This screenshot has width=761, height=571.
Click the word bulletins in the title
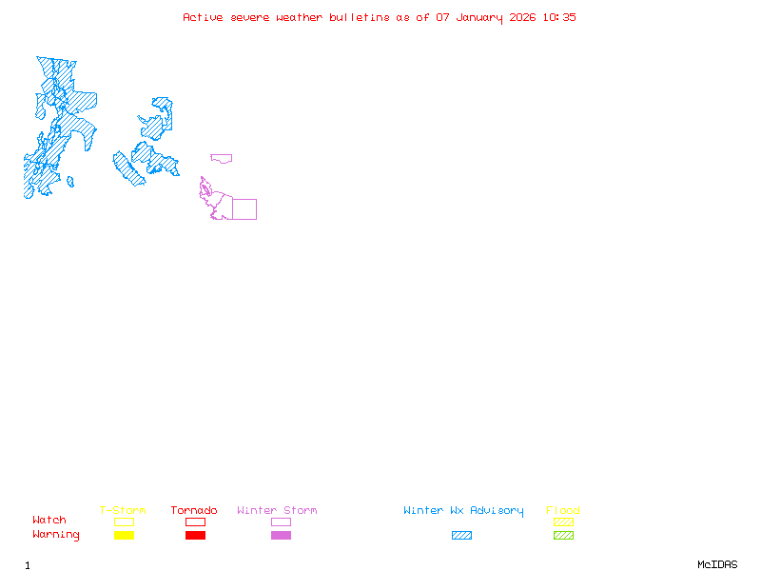(359, 17)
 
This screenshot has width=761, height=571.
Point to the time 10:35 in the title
(559, 17)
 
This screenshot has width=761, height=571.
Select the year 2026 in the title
(523, 17)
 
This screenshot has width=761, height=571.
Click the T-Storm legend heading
(123, 511)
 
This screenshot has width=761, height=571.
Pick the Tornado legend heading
(194, 511)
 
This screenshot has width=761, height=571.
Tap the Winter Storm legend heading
(277, 511)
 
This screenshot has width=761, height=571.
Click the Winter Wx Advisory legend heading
(463, 511)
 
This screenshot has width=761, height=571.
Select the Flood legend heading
(563, 511)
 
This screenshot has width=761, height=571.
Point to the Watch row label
(49, 521)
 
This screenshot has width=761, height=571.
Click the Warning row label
(56, 535)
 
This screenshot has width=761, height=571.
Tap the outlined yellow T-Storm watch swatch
(124, 522)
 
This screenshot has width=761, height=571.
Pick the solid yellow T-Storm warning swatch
(124, 536)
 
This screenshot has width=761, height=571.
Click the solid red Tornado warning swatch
(195, 536)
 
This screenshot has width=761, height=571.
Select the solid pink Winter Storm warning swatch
(281, 536)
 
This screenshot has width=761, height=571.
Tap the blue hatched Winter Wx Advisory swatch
(461, 536)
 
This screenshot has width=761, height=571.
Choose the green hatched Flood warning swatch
(563, 536)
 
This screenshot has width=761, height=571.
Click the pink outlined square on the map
(244, 209)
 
